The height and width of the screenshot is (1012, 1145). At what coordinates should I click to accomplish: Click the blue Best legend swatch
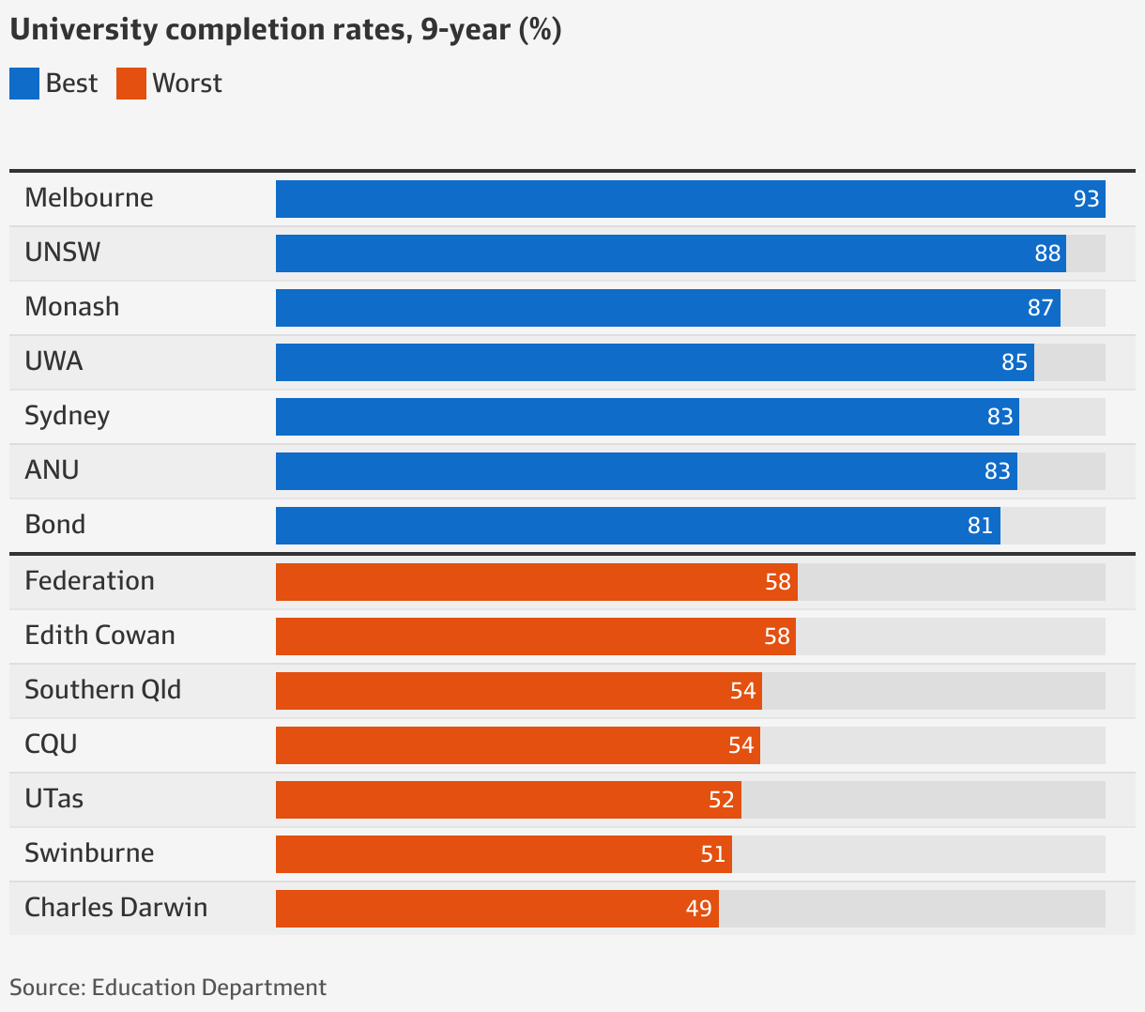24,84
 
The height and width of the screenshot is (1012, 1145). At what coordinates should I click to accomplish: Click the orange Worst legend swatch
131,84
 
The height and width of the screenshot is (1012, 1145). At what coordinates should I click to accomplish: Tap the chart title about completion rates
285,30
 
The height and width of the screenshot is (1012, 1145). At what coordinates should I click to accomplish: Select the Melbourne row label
89,198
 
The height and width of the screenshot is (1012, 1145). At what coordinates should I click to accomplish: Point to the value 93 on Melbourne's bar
1086,199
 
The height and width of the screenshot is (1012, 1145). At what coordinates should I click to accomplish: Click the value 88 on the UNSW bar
1047,253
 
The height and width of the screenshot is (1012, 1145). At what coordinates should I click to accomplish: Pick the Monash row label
72,307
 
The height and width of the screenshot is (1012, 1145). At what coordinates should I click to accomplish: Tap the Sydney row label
68,416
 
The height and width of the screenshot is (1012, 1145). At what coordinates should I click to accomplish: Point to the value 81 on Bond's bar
980,526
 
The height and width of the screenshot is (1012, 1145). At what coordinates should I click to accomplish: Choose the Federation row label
90,581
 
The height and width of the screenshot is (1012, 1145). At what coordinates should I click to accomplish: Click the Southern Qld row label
103,690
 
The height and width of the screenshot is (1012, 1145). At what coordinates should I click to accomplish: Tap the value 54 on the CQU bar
740,745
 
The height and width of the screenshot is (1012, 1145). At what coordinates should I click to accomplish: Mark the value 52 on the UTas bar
721,800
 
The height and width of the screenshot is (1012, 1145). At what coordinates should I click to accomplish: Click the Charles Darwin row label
116,908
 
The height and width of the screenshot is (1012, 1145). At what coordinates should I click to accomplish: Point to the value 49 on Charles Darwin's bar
698,909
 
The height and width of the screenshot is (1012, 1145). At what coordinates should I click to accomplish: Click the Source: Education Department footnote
168,988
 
